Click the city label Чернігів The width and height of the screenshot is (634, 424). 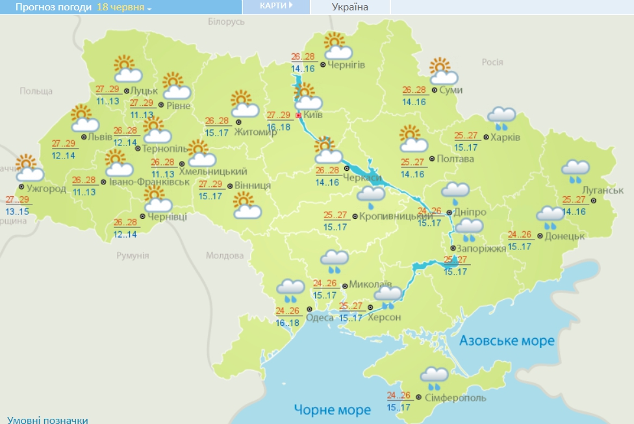[x=346, y=65]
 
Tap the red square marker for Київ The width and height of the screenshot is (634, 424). [x=299, y=116]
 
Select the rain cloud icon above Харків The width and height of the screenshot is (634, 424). [x=501, y=118]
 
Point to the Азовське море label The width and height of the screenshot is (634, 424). [x=507, y=341]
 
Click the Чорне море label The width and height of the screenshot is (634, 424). [x=332, y=410]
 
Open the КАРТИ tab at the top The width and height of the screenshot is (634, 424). [x=276, y=6]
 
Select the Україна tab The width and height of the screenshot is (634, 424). [x=349, y=7]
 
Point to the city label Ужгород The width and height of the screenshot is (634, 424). [x=46, y=189]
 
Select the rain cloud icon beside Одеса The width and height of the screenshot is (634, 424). [x=290, y=288]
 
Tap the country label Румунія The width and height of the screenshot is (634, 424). [x=133, y=256]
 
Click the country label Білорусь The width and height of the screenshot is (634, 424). [x=226, y=22]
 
